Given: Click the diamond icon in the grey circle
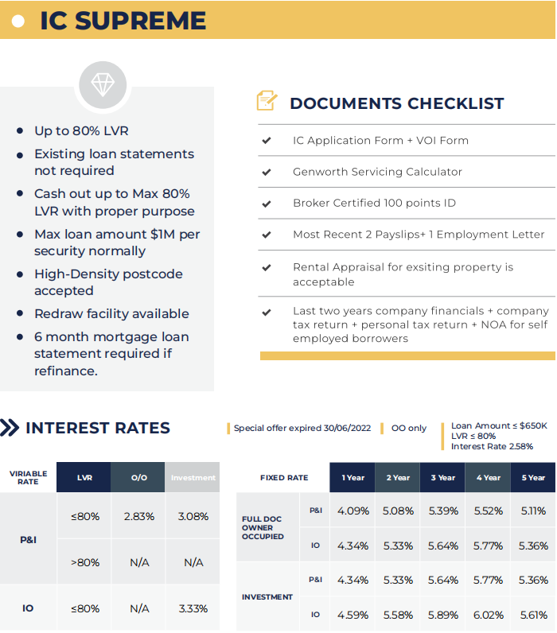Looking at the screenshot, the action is tap(103, 85).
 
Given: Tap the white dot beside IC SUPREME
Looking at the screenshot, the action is tap(18, 21).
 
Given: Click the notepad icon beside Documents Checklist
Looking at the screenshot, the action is tap(267, 100).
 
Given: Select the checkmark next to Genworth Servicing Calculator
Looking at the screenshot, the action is tap(267, 172).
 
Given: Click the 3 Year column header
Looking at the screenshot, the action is tap(442, 478).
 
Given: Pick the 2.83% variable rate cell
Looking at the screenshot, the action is tap(139, 516).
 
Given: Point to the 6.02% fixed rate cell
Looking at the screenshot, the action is tap(488, 615).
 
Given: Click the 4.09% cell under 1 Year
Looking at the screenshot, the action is tap(353, 511).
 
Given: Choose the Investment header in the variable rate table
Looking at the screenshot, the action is tap(193, 478).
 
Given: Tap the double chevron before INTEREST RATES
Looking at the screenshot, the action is tap(10, 428).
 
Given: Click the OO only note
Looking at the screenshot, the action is tap(409, 428).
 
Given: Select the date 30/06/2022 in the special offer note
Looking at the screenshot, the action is tap(347, 428).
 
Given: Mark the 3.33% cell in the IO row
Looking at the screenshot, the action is tap(193, 608).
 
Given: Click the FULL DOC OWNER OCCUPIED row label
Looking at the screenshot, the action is tap(263, 528).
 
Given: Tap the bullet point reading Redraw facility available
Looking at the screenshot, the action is tap(111, 313).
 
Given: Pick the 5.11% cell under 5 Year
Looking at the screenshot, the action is tap(533, 511).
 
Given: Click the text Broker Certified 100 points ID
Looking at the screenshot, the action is tap(374, 203).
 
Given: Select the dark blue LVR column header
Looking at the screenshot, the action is tap(84, 478).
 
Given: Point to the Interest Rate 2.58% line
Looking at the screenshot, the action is tap(492, 446).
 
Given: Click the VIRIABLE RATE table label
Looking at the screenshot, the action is tap(29, 478).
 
